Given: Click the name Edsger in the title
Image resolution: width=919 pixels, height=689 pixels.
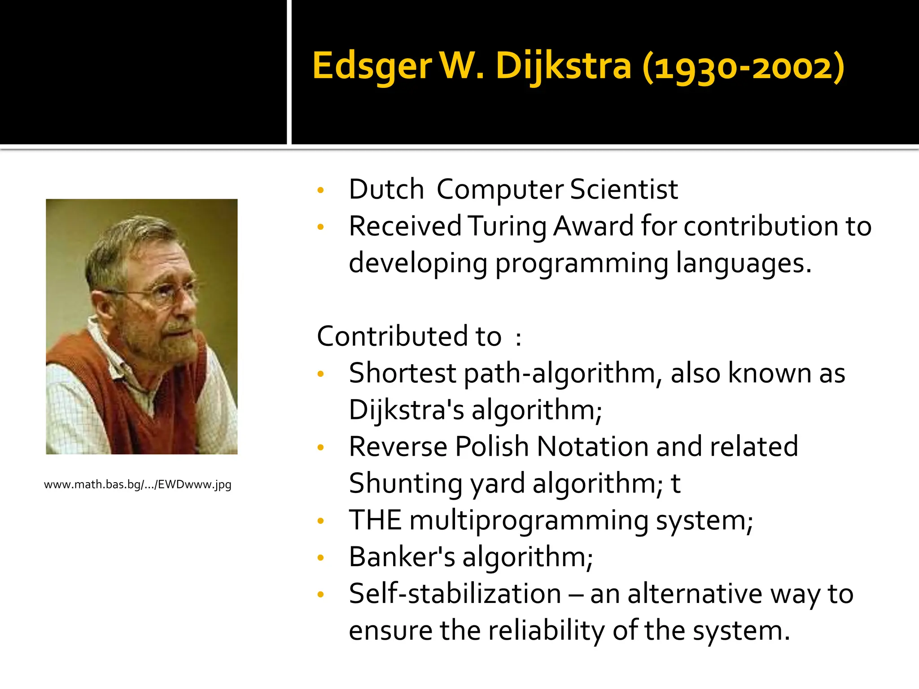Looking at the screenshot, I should pos(372,66).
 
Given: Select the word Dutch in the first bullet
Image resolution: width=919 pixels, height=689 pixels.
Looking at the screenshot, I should pos(386,189).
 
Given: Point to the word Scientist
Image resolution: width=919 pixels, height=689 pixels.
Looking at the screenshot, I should pos(624,189).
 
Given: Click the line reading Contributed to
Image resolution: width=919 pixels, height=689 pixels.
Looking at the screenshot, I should pos(419,336).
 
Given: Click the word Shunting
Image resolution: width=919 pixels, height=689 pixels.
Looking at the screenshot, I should pos(405,484).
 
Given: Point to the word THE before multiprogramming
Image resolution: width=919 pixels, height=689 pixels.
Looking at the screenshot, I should pos(375,520).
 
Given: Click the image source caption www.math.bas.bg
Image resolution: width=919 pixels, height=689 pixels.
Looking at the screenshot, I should pos(137,484).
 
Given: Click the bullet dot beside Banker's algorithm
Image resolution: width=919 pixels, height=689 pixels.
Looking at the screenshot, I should pos(320,558).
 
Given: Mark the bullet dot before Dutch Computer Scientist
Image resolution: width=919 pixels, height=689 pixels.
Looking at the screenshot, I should pos(320,190).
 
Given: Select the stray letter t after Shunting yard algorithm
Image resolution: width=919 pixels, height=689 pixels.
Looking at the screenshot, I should pos(675,484).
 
